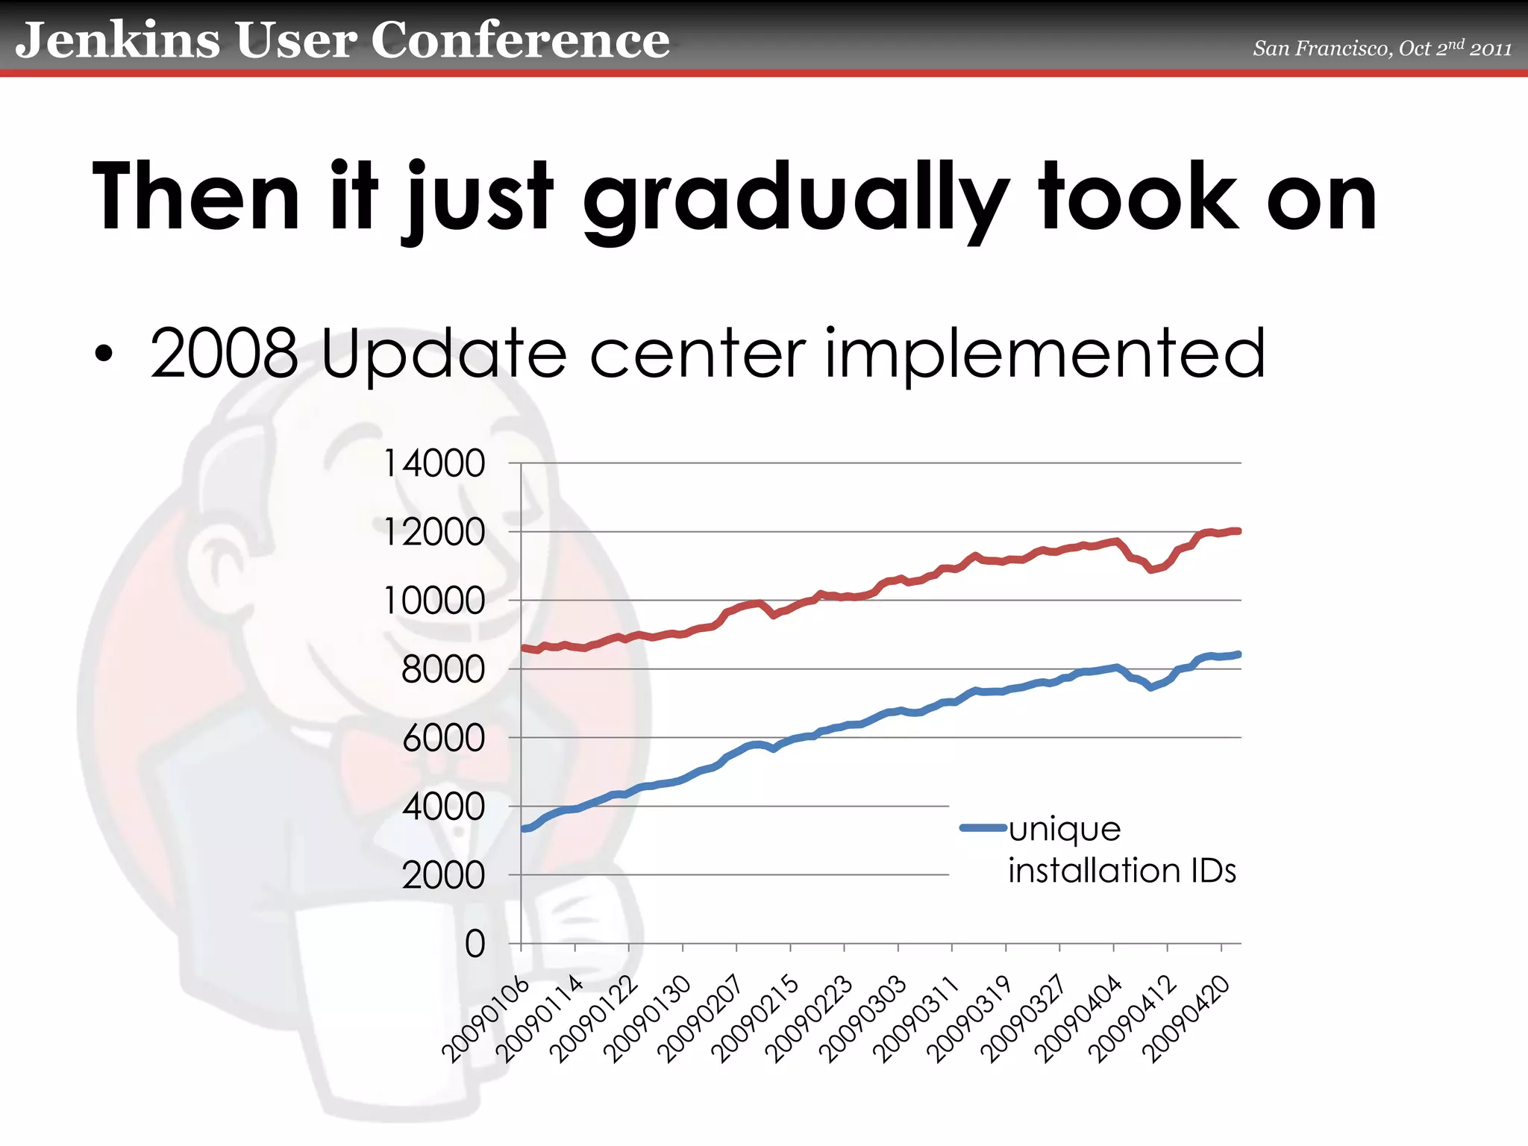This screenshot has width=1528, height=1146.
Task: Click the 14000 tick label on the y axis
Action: [x=433, y=463]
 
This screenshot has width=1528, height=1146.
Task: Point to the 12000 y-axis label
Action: [x=433, y=533]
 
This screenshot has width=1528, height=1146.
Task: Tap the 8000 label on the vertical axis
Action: [x=442, y=669]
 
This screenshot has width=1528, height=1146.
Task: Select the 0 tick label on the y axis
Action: [x=475, y=944]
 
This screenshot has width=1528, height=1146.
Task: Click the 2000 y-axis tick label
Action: [x=443, y=875]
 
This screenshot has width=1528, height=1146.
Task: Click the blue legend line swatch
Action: [x=983, y=827]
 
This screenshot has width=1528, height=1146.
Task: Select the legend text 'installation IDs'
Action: [x=1121, y=871]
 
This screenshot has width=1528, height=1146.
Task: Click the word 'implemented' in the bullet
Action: [x=1045, y=354]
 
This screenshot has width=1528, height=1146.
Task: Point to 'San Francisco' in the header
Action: [x=1321, y=48]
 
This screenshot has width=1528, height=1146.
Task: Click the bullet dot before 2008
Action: [x=104, y=354]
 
